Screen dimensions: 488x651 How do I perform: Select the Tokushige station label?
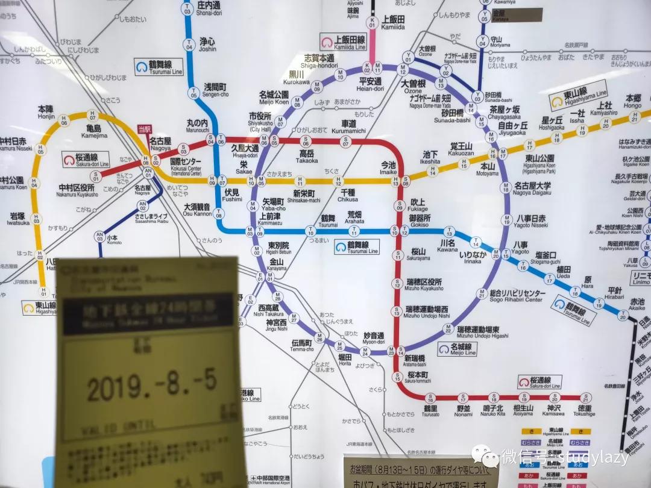pos(584,411)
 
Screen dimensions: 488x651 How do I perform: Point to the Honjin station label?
pos(46,111)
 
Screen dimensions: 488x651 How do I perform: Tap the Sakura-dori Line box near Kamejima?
pos(86,160)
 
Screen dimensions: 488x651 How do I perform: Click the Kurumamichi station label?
pos(349,127)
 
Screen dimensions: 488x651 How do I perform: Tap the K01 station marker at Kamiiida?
pos(372,23)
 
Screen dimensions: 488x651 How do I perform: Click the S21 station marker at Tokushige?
pos(584,398)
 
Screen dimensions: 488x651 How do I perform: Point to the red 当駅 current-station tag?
pos(144,128)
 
